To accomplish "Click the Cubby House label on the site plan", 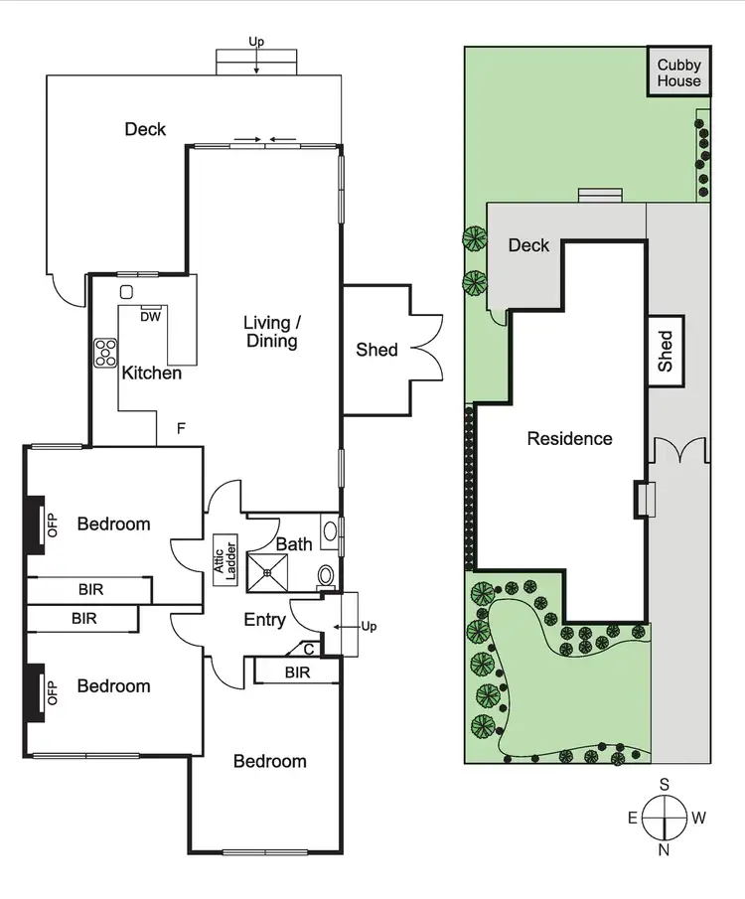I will [678, 74].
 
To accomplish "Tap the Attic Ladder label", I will [224, 562].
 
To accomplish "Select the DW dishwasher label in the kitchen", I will [150, 317].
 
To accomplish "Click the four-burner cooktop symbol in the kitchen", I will [105, 352].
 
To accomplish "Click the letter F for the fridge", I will [181, 429].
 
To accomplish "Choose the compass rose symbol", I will [665, 820].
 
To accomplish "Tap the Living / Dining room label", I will [271, 332].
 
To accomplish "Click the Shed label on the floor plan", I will [376, 350].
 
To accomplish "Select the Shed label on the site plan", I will [666, 352].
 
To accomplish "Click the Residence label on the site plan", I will [569, 438].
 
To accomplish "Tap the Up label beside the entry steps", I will [368, 627].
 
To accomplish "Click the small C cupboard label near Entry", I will [309, 649].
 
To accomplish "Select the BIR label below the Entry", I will [297, 673].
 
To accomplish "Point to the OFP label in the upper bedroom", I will [54, 524].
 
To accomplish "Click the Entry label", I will [264, 620].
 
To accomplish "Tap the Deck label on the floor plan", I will [145, 129].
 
